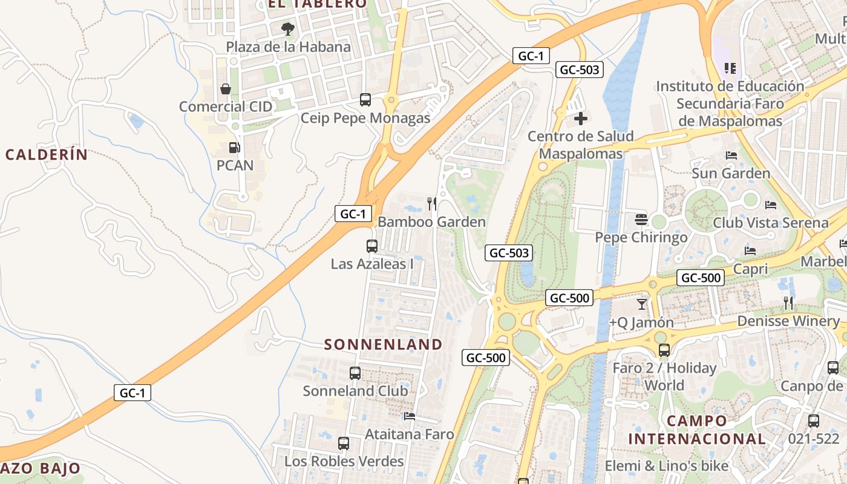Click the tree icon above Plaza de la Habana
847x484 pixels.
[288, 28]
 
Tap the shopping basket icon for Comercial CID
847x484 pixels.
[226, 89]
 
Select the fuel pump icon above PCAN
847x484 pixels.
[234, 147]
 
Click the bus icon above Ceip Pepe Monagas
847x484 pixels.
[365, 100]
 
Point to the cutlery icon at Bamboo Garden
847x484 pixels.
[432, 203]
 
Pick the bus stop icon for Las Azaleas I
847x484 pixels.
[372, 246]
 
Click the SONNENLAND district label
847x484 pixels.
[384, 344]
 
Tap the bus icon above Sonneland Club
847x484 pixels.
[355, 373]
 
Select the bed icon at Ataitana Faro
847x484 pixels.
[410, 416]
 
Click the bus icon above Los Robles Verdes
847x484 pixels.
[344, 443]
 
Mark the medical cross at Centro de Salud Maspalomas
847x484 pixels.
[581, 118]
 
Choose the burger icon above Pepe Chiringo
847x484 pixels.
[641, 219]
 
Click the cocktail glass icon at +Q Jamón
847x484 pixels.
[642, 304]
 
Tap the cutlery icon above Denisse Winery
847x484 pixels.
[788, 302]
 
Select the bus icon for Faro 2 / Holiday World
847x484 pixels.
[664, 350]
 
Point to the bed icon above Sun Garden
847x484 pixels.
[731, 155]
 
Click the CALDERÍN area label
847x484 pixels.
[47, 154]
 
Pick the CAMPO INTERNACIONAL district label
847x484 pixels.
[696, 430]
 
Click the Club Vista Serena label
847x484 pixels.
[770, 223]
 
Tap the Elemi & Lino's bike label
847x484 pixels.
[667, 466]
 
